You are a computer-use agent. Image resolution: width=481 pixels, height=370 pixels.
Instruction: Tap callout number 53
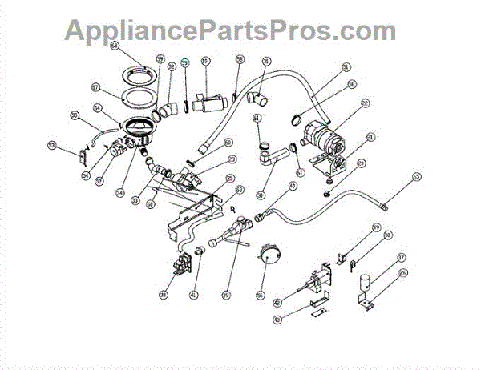[x=52, y=146]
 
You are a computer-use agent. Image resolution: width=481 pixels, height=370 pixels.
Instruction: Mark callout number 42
[x=277, y=304]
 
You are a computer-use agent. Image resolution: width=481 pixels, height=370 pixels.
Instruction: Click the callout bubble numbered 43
[x=277, y=320]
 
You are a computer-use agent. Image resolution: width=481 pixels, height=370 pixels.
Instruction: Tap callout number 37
[x=402, y=258]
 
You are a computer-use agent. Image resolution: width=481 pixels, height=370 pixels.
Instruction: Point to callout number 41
[x=194, y=295]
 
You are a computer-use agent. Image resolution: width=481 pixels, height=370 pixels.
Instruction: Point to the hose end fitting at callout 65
[x=383, y=206]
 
